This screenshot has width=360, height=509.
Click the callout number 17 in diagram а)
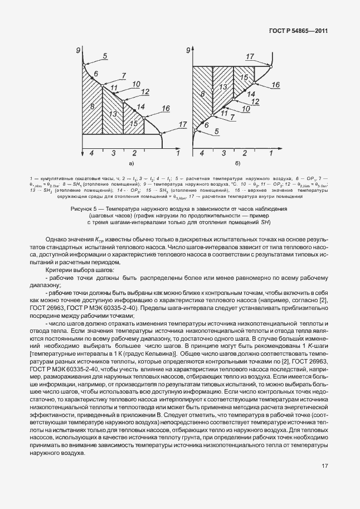point(183,124)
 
